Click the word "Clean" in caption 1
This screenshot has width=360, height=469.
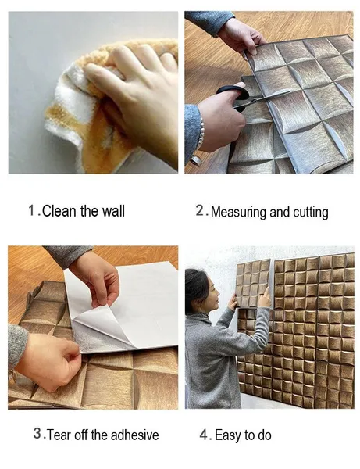[x=59, y=211]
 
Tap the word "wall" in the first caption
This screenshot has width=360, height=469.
[x=113, y=211]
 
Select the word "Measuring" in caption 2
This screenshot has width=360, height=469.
[x=238, y=212]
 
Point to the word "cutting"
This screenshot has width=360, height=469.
[x=310, y=212]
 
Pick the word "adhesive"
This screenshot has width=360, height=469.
[x=135, y=435]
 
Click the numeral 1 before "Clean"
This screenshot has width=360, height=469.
[x=32, y=210]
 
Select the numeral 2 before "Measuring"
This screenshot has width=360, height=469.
[x=200, y=210]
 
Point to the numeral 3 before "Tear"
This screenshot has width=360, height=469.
[x=37, y=433]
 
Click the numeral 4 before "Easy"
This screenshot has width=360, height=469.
[x=204, y=435]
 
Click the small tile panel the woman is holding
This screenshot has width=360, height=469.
[x=253, y=283]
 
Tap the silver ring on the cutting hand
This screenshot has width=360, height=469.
[x=196, y=160]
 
